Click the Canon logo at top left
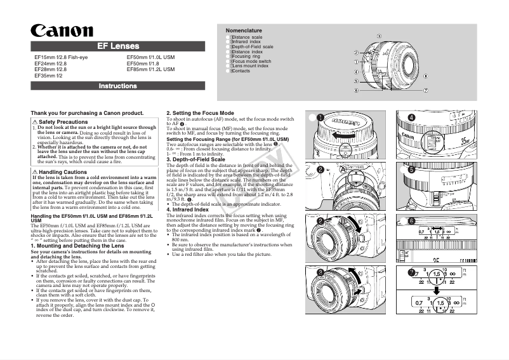[x=62, y=30]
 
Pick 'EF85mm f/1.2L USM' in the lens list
[x=150, y=69]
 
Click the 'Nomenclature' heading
[x=244, y=30]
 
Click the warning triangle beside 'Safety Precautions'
[x=35, y=122]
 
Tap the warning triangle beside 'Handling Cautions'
[x=35, y=172]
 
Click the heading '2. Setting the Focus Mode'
[x=200, y=113]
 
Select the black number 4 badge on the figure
[x=411, y=117]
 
